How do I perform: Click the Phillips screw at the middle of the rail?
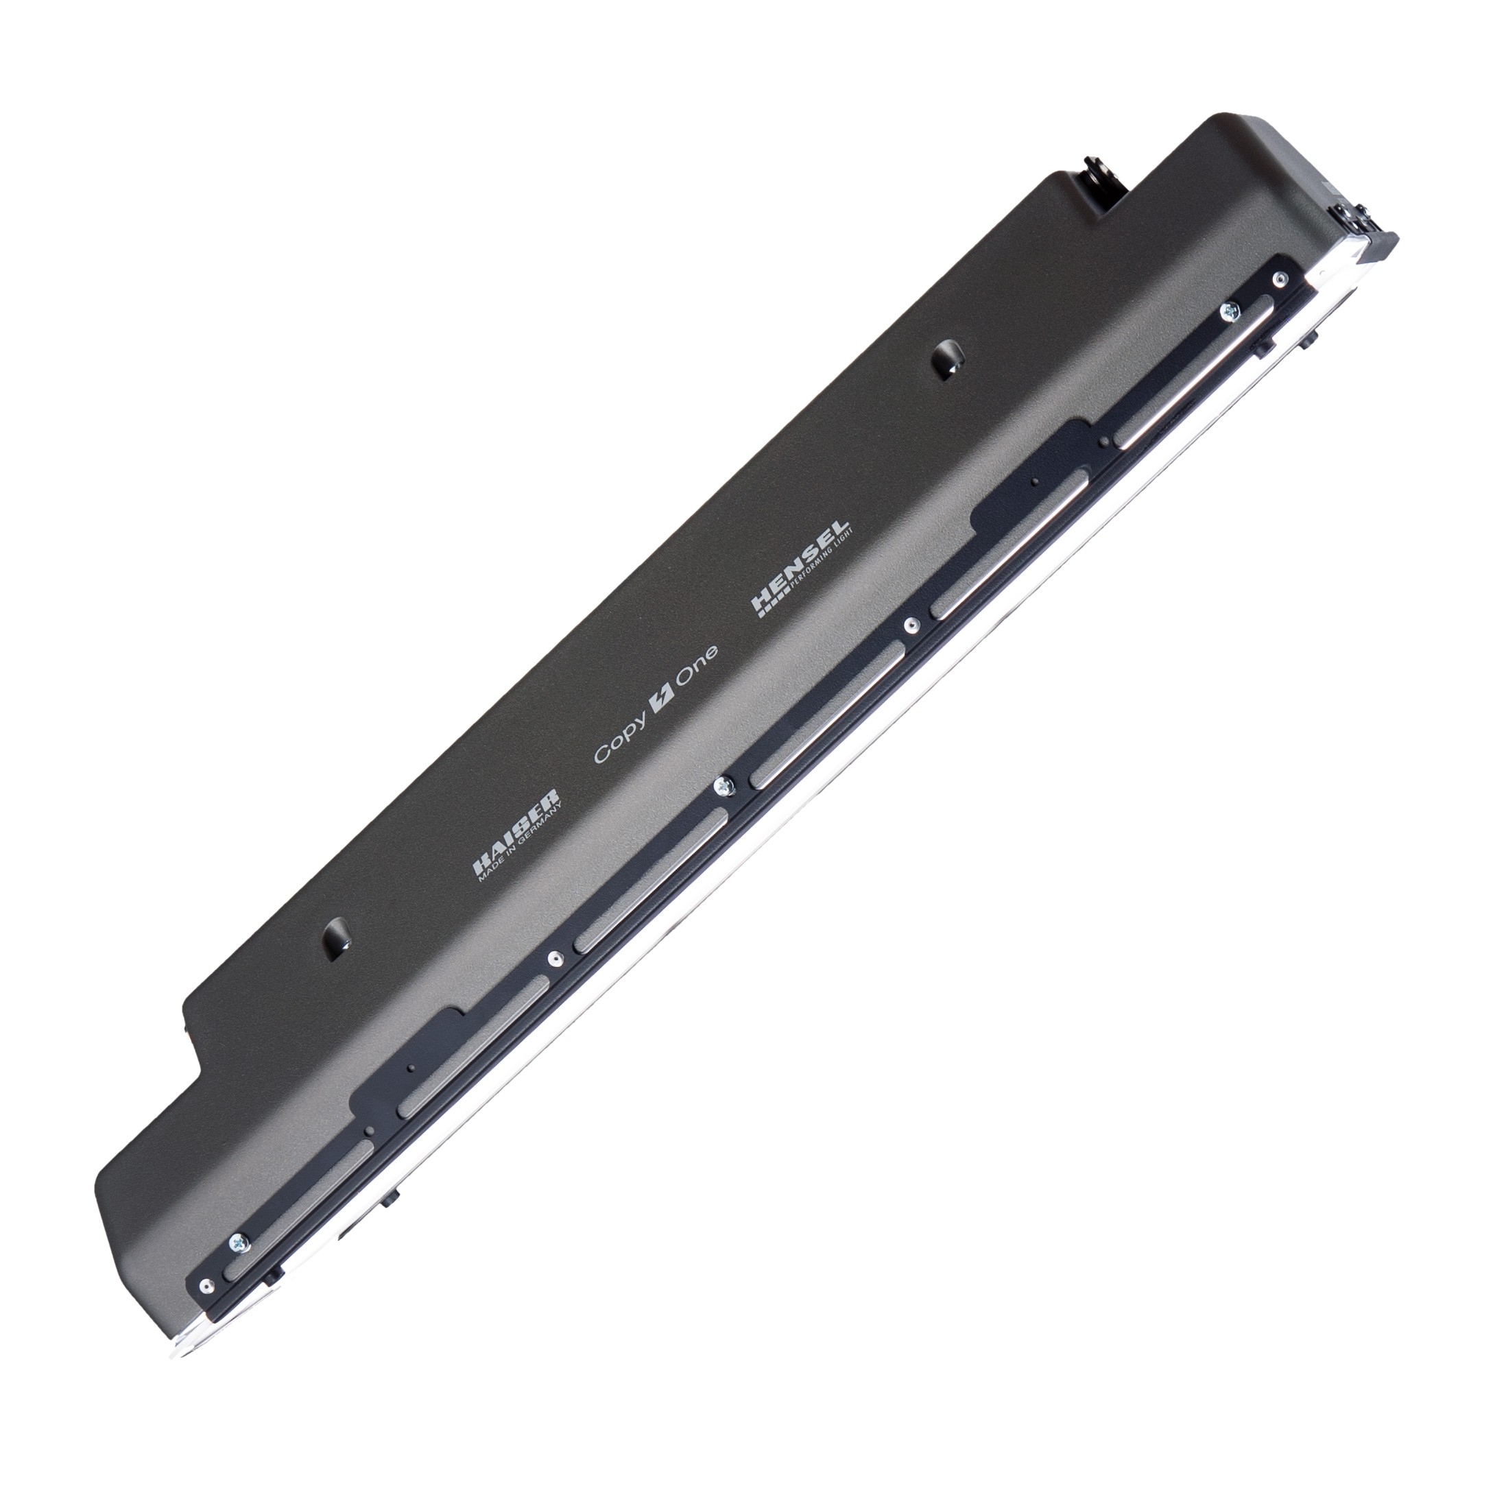point(723,785)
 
